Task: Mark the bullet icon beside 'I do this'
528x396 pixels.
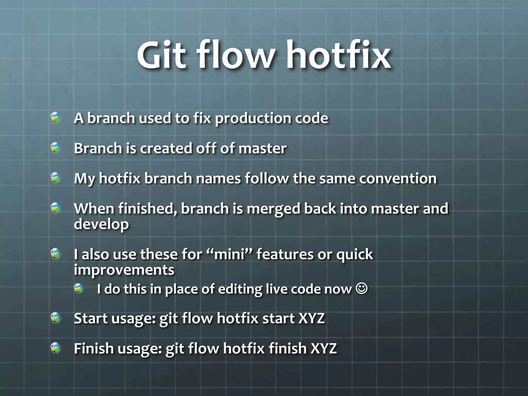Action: (x=79, y=288)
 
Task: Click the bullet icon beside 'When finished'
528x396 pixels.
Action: (x=56, y=208)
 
